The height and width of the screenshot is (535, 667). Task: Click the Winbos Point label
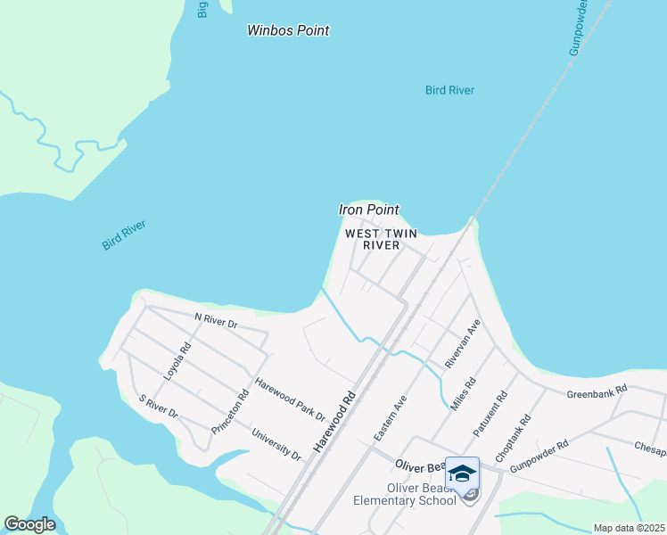(x=288, y=30)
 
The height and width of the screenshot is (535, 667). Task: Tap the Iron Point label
(x=369, y=210)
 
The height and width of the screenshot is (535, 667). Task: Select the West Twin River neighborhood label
(x=381, y=239)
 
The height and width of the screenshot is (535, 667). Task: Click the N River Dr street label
(x=216, y=320)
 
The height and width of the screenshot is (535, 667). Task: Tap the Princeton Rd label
(x=230, y=412)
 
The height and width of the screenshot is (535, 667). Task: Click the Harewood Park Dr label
(x=291, y=399)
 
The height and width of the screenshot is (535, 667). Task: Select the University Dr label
(x=276, y=444)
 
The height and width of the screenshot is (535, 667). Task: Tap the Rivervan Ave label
(x=463, y=343)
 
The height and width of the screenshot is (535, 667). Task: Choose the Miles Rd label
(x=464, y=393)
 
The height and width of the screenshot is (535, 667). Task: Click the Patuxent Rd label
(x=490, y=412)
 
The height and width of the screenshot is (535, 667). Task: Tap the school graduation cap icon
(x=462, y=473)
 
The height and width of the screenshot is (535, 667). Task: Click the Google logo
(x=29, y=524)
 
